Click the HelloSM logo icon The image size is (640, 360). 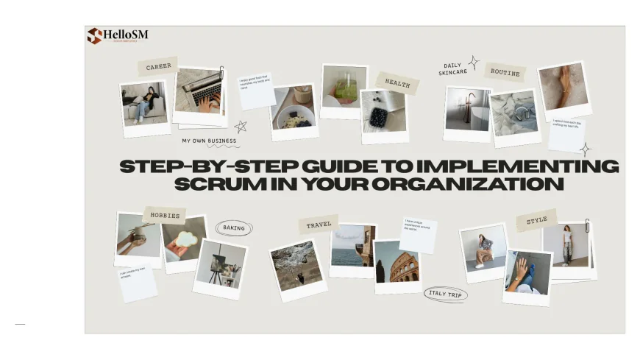pos(94,35)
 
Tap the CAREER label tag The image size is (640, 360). pos(158,66)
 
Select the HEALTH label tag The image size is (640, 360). pos(397,84)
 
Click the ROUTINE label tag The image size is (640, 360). pos(505,73)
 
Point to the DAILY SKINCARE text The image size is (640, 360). pos(453,68)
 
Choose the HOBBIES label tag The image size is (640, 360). pos(165,215)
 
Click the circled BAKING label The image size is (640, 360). pos(234,228)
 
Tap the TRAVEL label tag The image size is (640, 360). pos(319,225)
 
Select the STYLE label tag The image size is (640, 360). pos(536,220)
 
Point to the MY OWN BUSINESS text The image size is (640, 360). pos(210,141)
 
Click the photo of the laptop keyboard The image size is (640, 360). pos(200,92)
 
